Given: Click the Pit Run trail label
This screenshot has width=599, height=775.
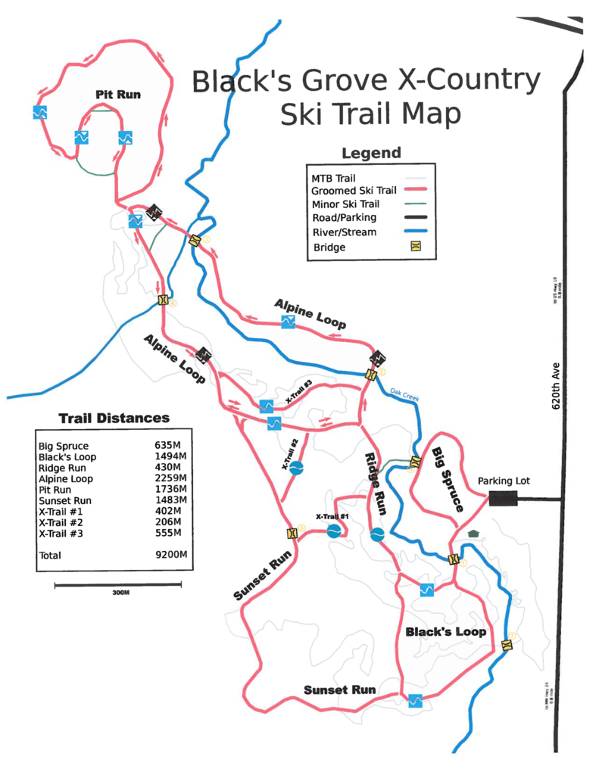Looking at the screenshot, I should pos(119,95).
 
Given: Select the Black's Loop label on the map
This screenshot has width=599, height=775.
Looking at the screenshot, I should pos(445,631).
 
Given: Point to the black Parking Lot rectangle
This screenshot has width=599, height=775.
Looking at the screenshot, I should pos(503,498).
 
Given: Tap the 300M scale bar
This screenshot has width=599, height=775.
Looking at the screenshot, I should pos(118,584).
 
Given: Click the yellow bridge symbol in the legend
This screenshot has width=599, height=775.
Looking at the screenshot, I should pos(415,247).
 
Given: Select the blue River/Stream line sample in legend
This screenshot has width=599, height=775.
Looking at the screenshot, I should pos(415,232).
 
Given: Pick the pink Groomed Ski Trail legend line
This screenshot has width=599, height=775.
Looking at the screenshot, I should pos(415,190).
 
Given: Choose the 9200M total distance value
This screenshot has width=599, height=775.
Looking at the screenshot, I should pos(170,555).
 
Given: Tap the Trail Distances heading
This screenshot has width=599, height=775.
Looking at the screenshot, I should pos(114,419).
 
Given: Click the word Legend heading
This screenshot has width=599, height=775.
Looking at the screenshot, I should pos(371,153).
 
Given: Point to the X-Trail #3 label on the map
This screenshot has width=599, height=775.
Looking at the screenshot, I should pos(298,394).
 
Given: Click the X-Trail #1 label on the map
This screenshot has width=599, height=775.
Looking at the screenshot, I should pos(332,517).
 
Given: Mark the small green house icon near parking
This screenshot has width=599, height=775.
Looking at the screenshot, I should pos(473,534).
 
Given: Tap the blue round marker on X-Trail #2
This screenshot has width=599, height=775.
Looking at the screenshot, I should pos(297,468).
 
